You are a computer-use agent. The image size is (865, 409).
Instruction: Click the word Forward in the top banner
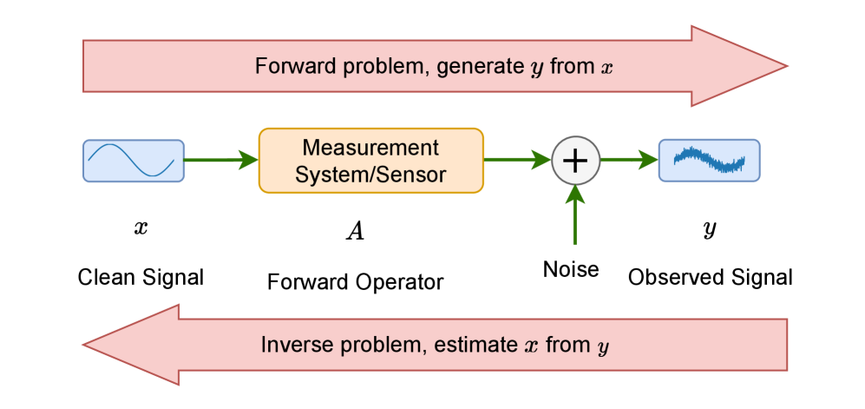pyautogui.click(x=288, y=67)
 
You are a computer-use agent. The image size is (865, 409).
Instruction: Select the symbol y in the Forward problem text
pyautogui.click(x=537, y=69)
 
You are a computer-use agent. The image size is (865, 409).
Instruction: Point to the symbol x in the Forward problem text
pyautogui.click(x=606, y=68)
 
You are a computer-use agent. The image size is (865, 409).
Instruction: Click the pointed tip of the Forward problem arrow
pyautogui.click(x=784, y=66)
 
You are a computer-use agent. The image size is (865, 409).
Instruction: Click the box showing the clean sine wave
pyautogui.click(x=134, y=161)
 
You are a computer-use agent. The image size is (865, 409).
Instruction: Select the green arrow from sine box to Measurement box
pyautogui.click(x=221, y=161)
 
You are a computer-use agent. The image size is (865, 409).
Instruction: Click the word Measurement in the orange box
pyautogui.click(x=370, y=148)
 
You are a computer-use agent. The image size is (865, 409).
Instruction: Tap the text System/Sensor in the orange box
pyautogui.click(x=370, y=175)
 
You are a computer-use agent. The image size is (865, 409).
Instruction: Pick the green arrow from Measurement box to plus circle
pyautogui.click(x=517, y=161)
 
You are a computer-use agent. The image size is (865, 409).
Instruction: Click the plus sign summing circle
pyautogui.click(x=576, y=161)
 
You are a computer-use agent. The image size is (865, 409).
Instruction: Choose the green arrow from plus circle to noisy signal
pyautogui.click(x=629, y=161)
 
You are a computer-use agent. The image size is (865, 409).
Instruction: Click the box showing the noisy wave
pyautogui.click(x=709, y=161)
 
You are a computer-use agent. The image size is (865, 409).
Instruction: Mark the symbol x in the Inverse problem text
pyautogui.click(x=532, y=346)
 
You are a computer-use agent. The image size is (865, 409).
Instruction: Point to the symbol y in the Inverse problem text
pyautogui.click(x=603, y=347)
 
